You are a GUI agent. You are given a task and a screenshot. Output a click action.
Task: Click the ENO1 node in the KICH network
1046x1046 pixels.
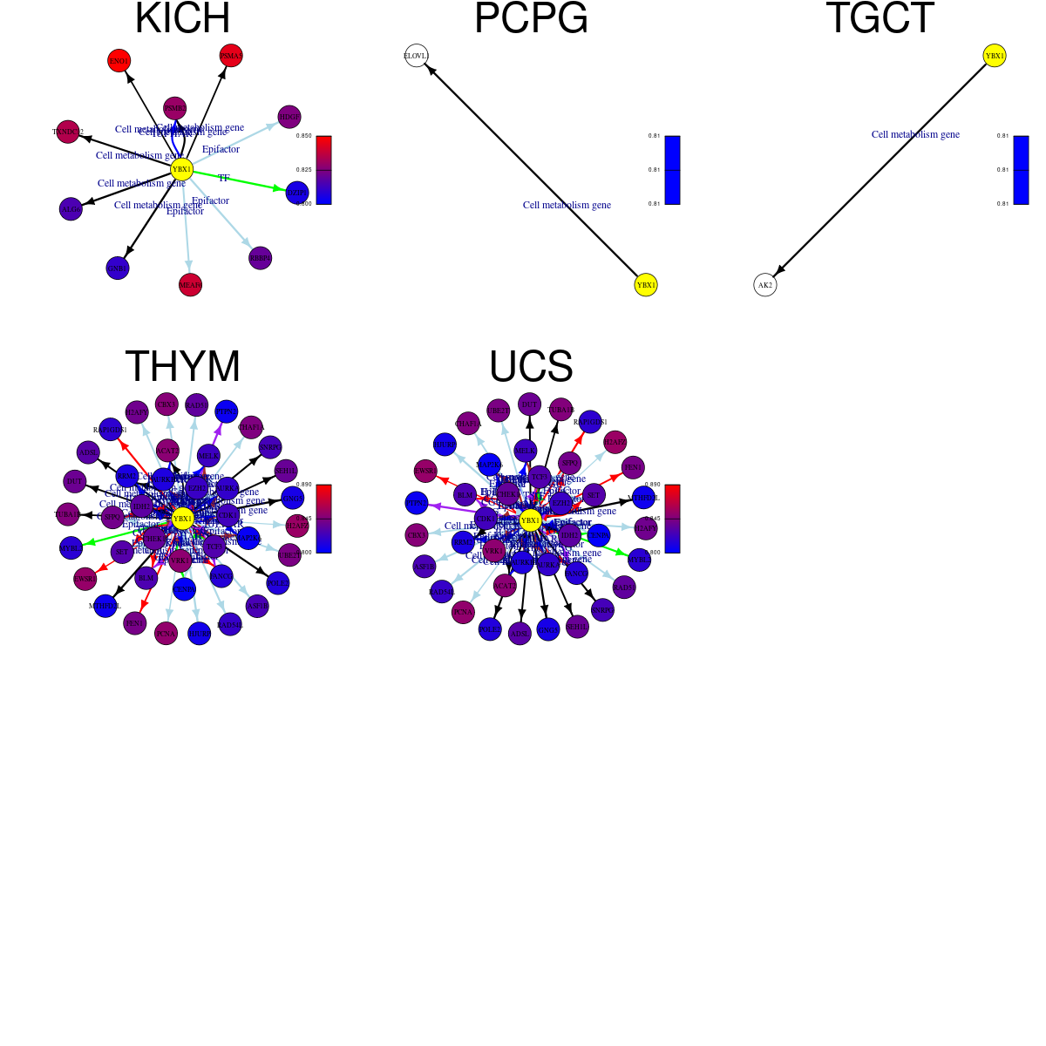click(119, 61)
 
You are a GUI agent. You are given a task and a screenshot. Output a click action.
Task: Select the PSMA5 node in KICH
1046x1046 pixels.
click(231, 56)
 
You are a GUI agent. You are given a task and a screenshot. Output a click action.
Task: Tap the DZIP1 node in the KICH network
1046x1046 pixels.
click(297, 193)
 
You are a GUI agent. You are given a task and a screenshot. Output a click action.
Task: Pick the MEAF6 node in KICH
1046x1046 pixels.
click(190, 285)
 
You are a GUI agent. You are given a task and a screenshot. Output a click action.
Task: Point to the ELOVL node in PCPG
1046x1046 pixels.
click(417, 56)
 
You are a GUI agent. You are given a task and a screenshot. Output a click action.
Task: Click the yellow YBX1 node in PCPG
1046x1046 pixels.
click(646, 285)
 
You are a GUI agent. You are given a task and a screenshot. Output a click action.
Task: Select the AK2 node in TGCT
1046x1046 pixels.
click(765, 285)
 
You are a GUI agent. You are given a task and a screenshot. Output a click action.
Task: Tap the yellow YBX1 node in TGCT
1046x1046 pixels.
click(995, 56)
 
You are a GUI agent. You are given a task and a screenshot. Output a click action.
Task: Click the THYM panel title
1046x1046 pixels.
click(182, 367)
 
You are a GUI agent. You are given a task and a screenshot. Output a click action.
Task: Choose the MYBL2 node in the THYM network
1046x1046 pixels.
click(71, 548)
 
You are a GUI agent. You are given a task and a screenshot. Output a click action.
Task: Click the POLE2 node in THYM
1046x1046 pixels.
click(277, 582)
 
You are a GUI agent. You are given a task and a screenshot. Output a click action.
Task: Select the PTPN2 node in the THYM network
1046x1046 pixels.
click(226, 411)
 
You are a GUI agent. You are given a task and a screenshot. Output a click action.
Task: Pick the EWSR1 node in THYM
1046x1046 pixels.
click(85, 578)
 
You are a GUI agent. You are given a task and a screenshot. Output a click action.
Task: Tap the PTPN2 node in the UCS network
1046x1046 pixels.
click(417, 503)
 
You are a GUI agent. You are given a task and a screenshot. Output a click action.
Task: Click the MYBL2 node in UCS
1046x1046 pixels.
click(639, 560)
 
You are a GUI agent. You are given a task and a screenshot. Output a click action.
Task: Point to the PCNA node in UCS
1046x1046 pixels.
click(463, 612)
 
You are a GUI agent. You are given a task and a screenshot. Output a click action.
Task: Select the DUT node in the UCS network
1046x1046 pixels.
click(529, 404)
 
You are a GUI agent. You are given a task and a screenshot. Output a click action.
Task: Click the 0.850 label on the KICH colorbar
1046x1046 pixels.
click(303, 136)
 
